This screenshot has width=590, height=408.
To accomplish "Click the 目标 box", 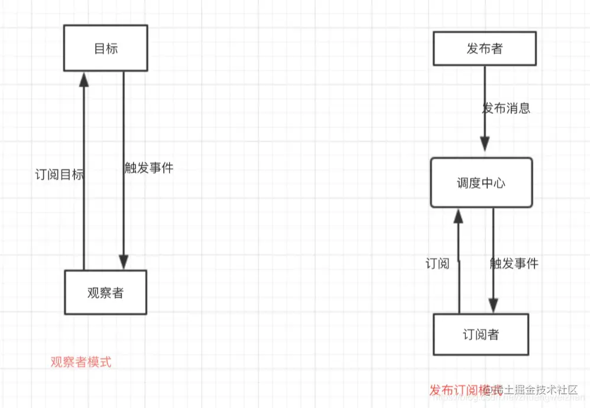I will point(105,48).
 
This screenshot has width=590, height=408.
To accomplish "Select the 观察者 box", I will point(105,292).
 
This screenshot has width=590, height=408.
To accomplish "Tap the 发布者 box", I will point(484,48).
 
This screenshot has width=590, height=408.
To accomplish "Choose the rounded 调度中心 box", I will point(481,182).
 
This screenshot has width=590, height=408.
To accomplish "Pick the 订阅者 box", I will point(480,335).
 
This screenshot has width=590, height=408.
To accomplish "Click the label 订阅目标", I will point(59,175).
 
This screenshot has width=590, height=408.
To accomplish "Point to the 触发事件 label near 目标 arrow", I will point(149,168).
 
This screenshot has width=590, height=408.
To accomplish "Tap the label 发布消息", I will point(507,108).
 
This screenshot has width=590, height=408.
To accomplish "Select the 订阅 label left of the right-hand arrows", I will point(437,264).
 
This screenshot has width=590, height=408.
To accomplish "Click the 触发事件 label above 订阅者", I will point(514,264).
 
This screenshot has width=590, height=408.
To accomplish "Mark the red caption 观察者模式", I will point(81,362).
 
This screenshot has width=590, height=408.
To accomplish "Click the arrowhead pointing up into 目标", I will point(84,79).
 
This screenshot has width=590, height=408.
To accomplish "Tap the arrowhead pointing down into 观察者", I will point(123,262).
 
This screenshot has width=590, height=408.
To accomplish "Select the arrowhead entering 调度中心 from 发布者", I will point(485,144).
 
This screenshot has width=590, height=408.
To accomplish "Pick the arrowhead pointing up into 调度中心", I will point(458,216).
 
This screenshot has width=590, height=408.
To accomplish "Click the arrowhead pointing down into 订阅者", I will point(493,305).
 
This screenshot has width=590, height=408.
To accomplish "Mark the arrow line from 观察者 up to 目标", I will point(84,178).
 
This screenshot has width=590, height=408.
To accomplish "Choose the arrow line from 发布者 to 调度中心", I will point(485,95).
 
